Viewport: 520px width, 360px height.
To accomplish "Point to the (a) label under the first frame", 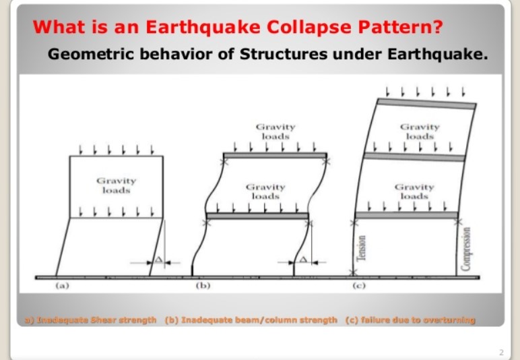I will point(62,285).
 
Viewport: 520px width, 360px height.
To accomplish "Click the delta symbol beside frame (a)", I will point(158,259).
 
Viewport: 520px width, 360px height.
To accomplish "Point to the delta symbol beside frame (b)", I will point(303,259).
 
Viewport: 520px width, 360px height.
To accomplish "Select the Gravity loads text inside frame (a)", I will point(116,185).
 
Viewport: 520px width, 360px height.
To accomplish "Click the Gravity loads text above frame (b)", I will point(275,131).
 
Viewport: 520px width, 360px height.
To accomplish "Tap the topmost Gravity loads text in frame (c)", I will point(419,131).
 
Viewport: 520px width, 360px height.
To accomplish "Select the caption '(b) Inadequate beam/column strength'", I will point(251,320).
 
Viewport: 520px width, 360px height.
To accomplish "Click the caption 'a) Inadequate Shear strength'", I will point(90,320).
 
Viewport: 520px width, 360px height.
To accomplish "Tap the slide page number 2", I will point(501,352).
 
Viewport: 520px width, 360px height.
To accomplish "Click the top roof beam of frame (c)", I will point(426,103).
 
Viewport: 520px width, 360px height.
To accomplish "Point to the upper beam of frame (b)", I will point(275,156).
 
